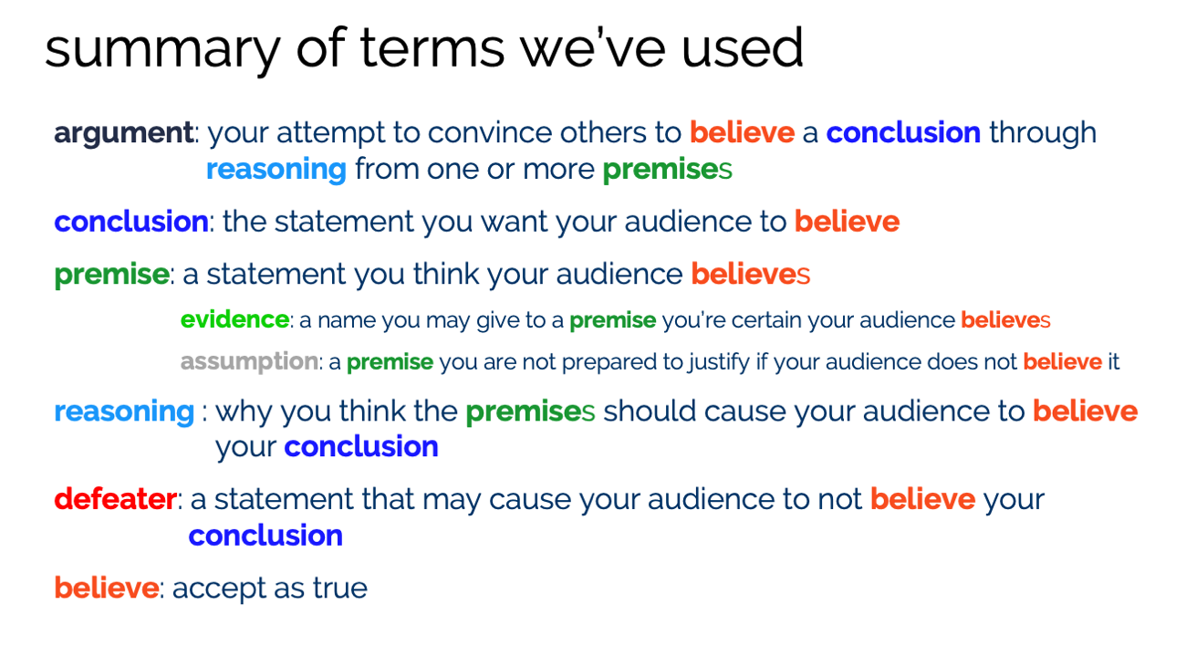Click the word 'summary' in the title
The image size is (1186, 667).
tap(162, 50)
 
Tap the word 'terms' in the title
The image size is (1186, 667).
tap(432, 47)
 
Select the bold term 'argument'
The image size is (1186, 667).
tap(123, 133)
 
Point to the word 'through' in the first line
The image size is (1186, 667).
tap(1043, 133)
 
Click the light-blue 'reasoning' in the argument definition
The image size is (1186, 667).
tap(276, 171)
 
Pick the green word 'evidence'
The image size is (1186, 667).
tap(234, 319)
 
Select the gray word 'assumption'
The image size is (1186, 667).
tap(249, 362)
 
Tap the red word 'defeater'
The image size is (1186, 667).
tap(116, 499)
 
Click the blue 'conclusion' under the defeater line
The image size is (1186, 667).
tap(265, 536)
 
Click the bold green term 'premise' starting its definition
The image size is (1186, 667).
tap(111, 276)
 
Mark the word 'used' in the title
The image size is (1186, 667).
tap(743, 47)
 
